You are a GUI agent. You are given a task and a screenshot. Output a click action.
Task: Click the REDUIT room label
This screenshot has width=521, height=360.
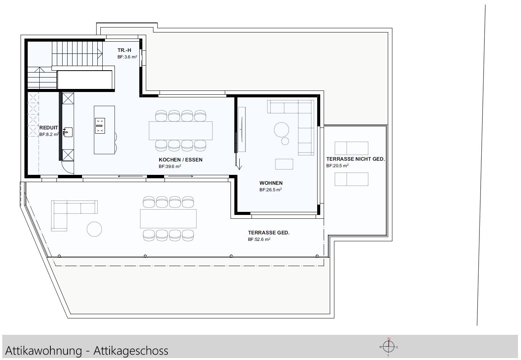tap(48, 128)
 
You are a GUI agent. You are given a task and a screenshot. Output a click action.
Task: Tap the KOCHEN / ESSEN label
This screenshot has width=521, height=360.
tap(181, 160)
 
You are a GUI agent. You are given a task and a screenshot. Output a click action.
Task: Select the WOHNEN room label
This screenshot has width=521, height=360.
tap(271, 183)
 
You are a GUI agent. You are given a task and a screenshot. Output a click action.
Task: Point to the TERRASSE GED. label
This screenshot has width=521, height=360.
tap(268, 232)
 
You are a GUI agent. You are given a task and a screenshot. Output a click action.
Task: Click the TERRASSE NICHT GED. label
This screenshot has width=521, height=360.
tap(355, 159)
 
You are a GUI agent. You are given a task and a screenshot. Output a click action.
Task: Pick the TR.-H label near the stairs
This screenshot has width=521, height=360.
tap(124, 50)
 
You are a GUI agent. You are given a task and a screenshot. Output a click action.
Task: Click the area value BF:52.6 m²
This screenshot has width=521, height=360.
tap(259, 240)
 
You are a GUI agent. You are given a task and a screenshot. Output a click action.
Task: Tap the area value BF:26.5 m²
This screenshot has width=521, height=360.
tap(270, 190)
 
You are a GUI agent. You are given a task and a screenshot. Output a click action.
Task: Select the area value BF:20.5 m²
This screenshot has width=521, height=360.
tap(337, 166)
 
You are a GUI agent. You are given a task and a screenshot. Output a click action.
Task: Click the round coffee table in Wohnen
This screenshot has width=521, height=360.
tap(282, 129)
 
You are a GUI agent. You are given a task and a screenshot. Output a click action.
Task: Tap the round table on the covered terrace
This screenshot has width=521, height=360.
tap(94, 229)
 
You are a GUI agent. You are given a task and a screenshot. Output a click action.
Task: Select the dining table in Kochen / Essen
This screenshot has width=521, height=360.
tap(181, 131)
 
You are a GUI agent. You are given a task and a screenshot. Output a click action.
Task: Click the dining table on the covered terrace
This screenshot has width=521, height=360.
tap(168, 218)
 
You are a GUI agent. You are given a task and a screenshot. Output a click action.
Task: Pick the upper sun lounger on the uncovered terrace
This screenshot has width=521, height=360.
tap(351, 148)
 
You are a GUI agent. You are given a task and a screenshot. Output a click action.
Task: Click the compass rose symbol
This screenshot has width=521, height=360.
tap(389, 347)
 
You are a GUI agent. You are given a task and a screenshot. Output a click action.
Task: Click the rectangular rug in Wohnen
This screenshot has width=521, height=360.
tap(284, 164)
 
